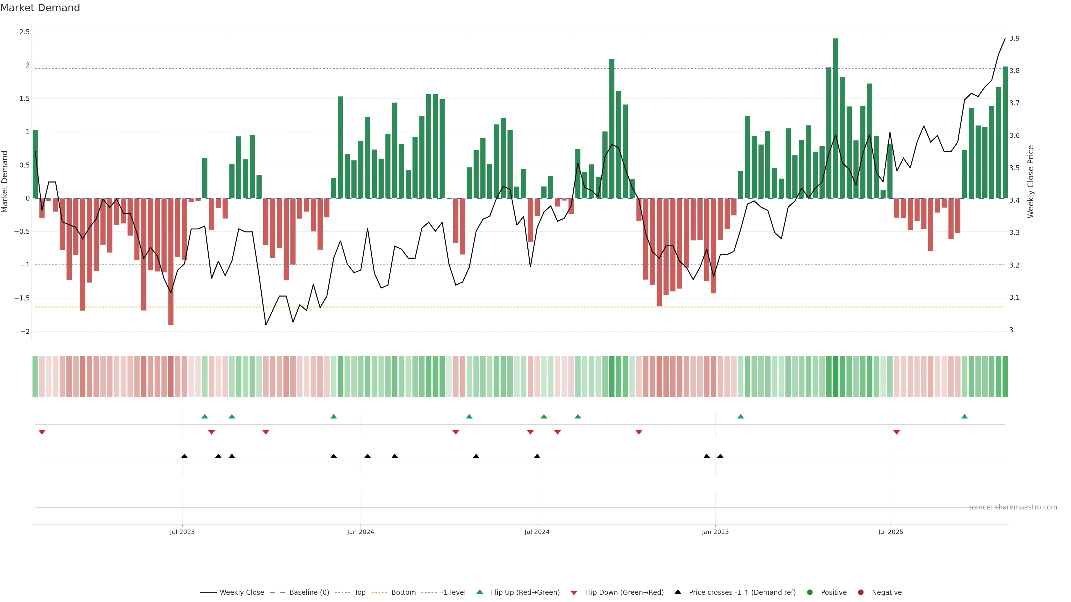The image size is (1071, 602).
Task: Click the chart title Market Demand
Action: point(40,8)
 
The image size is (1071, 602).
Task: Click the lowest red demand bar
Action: point(170,261)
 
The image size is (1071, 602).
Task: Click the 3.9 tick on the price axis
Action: point(1014,38)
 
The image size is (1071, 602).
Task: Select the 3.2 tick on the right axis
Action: point(1014,265)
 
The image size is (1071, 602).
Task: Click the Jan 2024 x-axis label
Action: point(360,532)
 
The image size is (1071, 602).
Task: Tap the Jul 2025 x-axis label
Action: point(890,532)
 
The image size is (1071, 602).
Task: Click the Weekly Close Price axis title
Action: point(1030,181)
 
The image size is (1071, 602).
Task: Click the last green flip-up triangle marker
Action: point(964,417)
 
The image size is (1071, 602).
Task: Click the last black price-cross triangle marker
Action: point(720,456)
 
